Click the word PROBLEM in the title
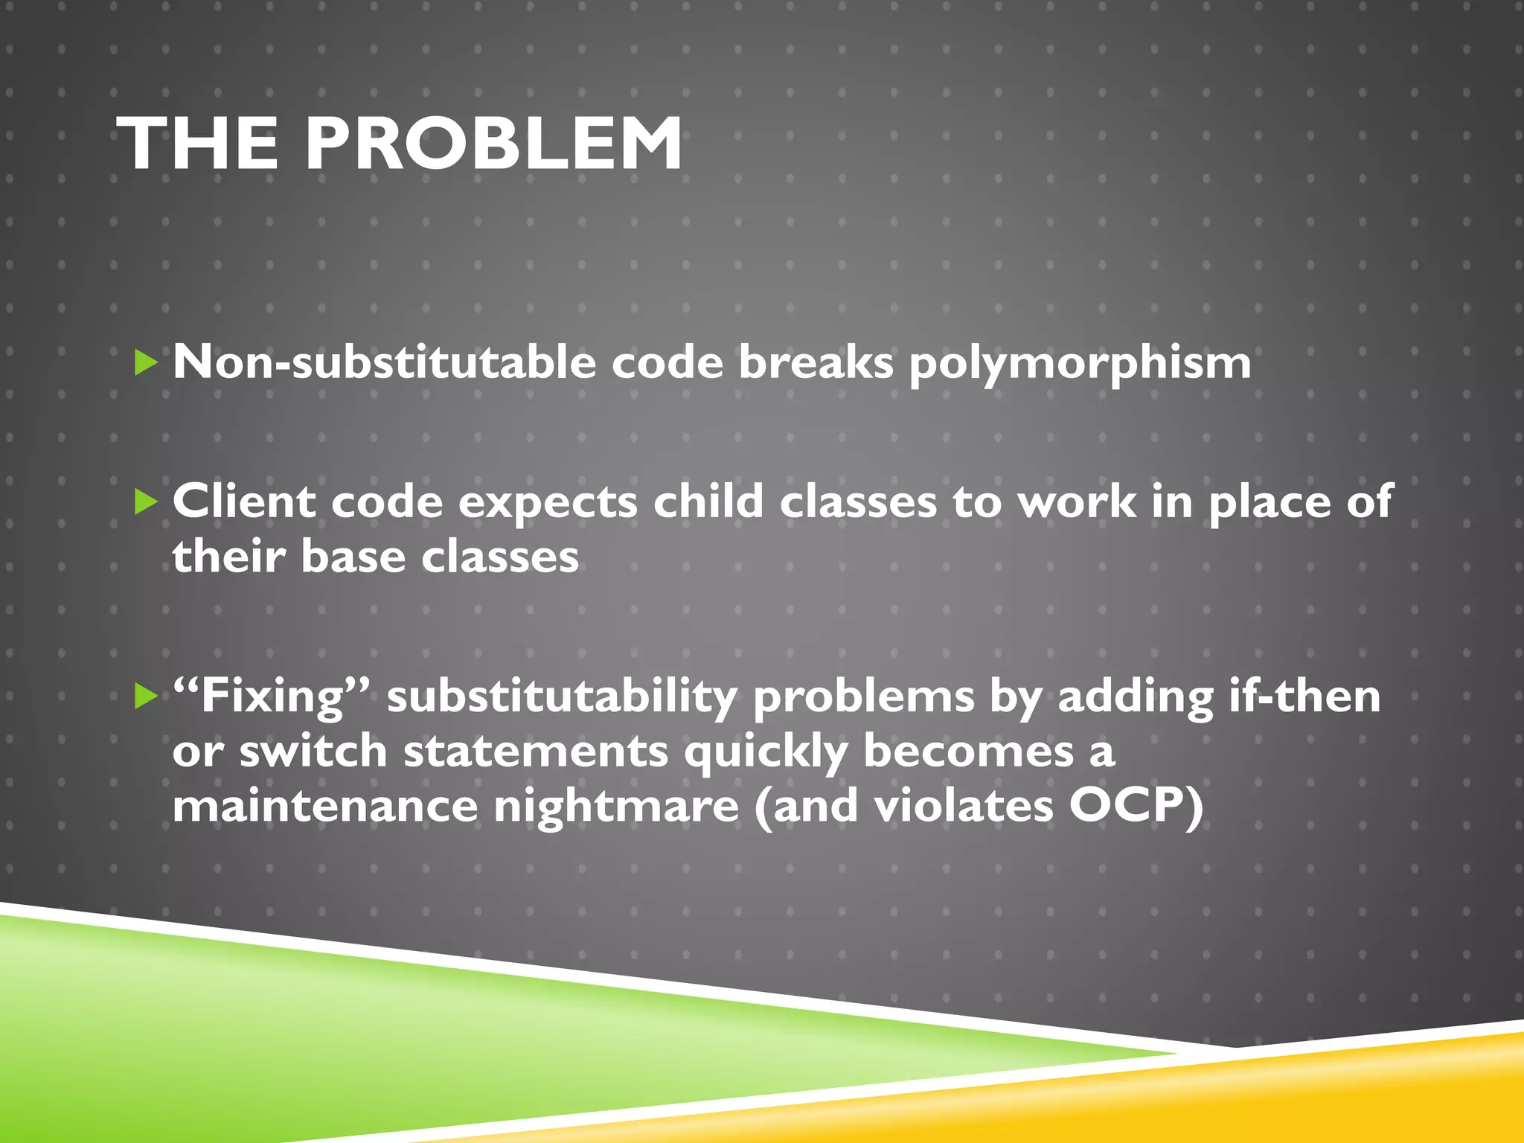click(493, 144)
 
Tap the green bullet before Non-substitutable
click(147, 364)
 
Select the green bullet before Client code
click(147, 502)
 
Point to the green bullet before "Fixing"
click(147, 697)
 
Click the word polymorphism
click(1080, 365)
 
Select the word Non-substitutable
click(384, 363)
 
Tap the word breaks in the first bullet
click(816, 363)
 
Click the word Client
click(244, 502)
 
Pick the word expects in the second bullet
click(548, 503)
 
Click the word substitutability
click(561, 697)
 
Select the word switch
click(313, 752)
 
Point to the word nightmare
click(616, 807)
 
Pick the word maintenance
click(325, 807)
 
